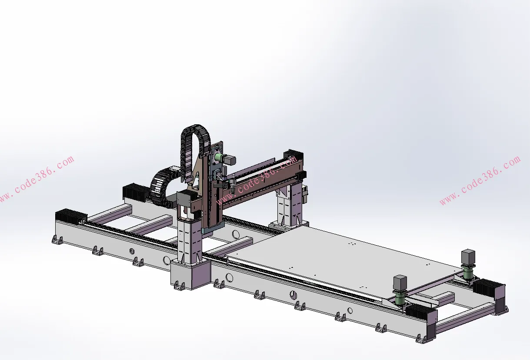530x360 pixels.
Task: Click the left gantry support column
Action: [x=190, y=239]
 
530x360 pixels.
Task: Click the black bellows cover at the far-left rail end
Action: [x=71, y=216]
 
